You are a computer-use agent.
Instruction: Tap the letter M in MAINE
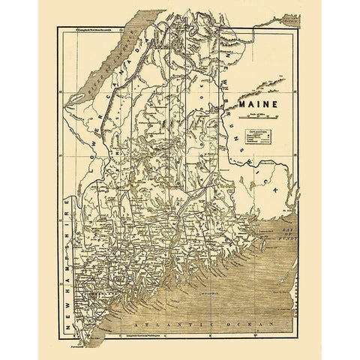(x=243, y=98)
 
